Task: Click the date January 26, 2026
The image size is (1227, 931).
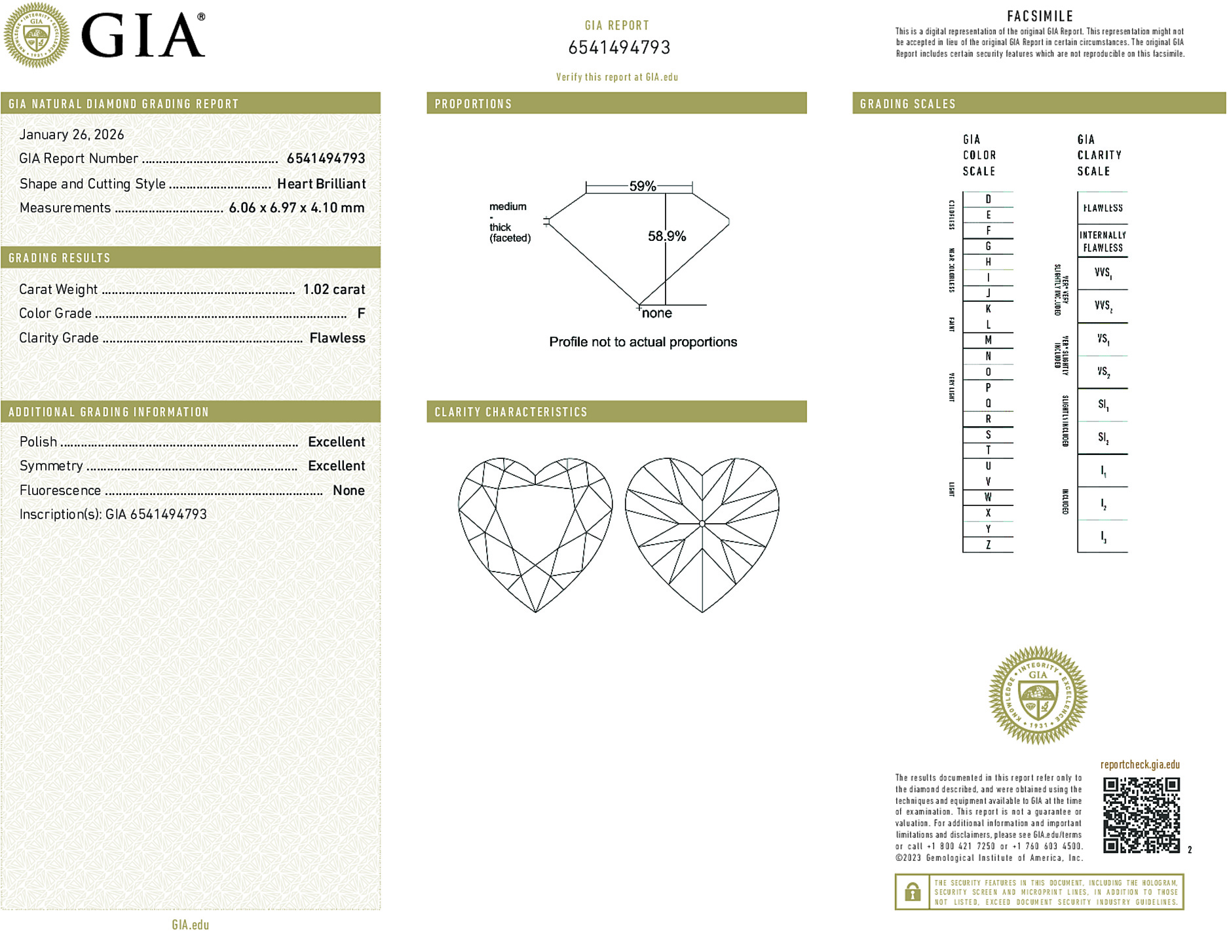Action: point(71,134)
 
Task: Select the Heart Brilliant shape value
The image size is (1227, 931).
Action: point(321,184)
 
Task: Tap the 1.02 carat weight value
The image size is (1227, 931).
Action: point(333,289)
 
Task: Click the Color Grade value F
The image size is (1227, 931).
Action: point(361,314)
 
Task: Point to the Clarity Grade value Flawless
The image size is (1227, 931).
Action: point(337,338)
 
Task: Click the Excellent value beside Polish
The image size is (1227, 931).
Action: point(336,442)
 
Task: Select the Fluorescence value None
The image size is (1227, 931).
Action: point(349,490)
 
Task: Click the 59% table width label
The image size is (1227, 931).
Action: point(642,186)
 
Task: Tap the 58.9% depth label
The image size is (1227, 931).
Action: point(667,236)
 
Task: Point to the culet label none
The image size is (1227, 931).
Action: point(656,314)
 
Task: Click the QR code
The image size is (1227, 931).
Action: point(1141,815)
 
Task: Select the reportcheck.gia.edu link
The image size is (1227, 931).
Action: point(1140,765)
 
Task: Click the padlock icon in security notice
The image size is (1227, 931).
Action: point(912,892)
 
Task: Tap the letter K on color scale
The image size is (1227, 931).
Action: point(988,309)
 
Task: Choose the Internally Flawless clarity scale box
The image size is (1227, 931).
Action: point(1103,242)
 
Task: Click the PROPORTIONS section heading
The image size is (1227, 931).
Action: point(473,104)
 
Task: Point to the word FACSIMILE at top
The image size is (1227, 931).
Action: point(1040,16)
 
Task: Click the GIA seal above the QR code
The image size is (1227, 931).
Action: point(1038,695)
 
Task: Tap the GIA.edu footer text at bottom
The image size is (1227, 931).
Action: point(190,924)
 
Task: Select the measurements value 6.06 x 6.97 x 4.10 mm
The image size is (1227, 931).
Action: point(296,208)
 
